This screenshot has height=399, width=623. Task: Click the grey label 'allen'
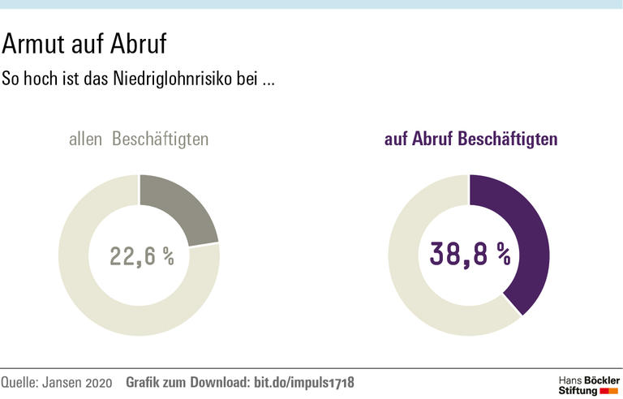86,139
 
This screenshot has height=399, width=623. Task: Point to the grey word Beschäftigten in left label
160,139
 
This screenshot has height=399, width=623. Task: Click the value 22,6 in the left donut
133,256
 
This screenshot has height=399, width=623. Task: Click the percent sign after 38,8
504,255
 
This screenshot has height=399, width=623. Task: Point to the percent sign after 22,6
168,256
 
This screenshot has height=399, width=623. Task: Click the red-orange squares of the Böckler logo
608,391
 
